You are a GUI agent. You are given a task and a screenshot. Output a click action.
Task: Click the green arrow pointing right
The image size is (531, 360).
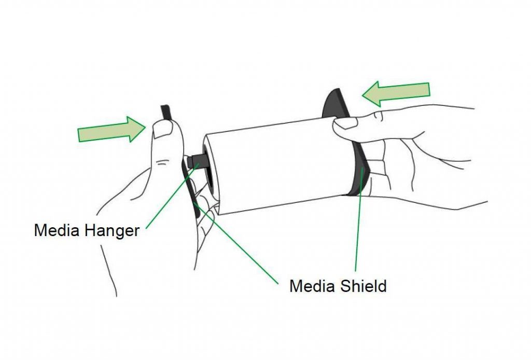pyautogui.click(x=112, y=129)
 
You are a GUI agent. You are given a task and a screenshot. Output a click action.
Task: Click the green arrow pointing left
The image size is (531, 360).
pyautogui.click(x=396, y=93)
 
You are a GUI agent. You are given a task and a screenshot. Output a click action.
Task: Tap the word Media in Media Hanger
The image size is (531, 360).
pyautogui.click(x=57, y=230)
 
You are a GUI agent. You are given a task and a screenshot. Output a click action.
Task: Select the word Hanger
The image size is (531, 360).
pyautogui.click(x=112, y=231)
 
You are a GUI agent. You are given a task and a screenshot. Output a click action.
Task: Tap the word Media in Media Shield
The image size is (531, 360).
pyautogui.click(x=312, y=286)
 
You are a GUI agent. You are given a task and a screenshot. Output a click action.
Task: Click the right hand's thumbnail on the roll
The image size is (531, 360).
pyautogui.click(x=345, y=122)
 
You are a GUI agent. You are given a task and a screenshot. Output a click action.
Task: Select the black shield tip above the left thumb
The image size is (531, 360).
pyautogui.click(x=165, y=112)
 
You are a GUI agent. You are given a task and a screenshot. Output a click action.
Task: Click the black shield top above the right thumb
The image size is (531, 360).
pyautogui.click(x=336, y=103)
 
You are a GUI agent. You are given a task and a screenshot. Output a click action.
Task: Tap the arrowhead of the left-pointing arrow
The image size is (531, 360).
pyautogui.click(x=370, y=94)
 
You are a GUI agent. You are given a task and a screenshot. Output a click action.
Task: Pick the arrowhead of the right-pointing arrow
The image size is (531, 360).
pyautogui.click(x=137, y=129)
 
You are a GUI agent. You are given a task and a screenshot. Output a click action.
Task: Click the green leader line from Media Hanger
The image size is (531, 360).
pyautogui.click(x=172, y=196)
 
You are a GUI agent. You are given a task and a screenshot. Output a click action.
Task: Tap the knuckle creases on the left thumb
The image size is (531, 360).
pyautogui.click(x=162, y=163)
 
